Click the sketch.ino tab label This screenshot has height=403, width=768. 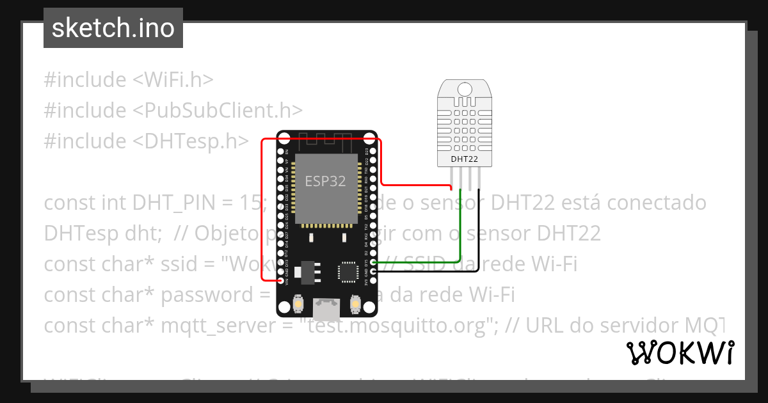[x=113, y=28]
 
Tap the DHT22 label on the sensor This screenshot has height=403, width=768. [x=465, y=159]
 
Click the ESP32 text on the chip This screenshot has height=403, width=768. [x=325, y=181]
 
